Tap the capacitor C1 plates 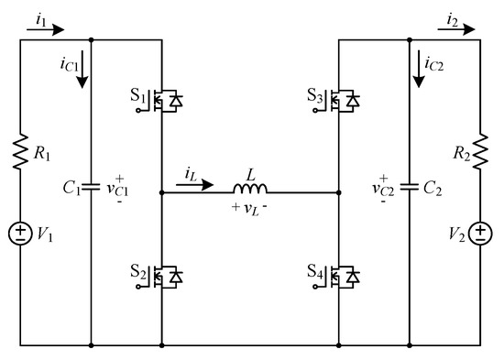(x=92, y=193)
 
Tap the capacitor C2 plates (x=409, y=193)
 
